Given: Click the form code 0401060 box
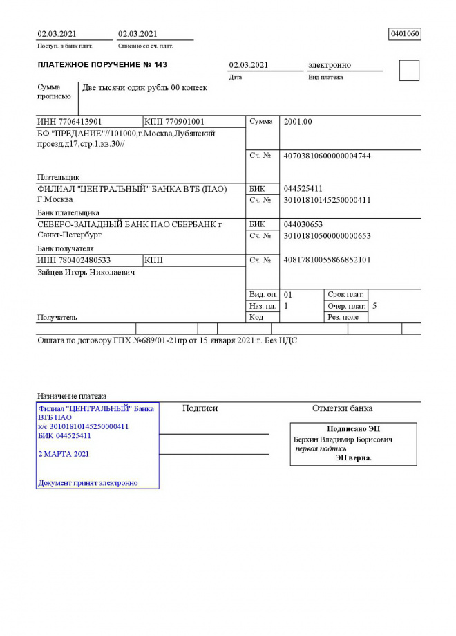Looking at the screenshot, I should click(405, 34).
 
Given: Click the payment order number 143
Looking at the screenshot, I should click(160, 65).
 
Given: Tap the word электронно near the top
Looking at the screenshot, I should click(329, 65).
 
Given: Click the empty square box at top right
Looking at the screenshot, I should click(409, 71).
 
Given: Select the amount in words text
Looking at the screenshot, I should click(144, 88).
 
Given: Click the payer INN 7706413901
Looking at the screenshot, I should click(70, 122).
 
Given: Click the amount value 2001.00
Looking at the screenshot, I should click(298, 122).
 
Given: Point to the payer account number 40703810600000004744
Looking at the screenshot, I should click(327, 156).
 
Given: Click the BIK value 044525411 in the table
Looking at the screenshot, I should click(303, 188).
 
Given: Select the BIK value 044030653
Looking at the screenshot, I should click(303, 224).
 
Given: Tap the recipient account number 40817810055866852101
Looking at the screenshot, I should click(327, 260).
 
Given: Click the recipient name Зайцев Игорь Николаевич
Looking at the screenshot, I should click(86, 273).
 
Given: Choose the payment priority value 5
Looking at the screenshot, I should click(374, 305).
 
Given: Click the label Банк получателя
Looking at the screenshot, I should click(66, 248).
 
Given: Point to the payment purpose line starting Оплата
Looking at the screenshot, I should click(166, 340).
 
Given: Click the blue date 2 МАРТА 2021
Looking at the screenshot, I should click(64, 454).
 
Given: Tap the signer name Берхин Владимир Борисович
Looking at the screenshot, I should click(343, 439).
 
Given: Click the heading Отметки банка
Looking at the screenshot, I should click(342, 408).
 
